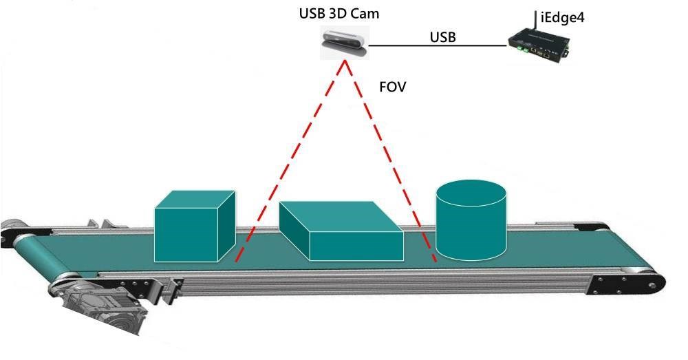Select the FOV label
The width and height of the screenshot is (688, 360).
tap(392, 88)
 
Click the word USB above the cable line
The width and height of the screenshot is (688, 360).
tap(442, 36)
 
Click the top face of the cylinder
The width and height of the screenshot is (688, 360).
tap(471, 195)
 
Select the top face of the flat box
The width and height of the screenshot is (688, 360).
tap(337, 216)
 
